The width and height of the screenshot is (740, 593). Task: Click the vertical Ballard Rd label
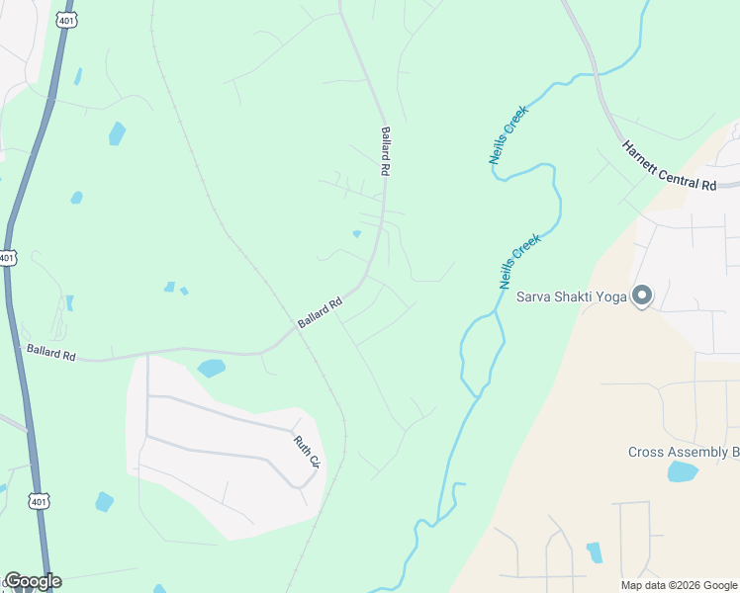385,151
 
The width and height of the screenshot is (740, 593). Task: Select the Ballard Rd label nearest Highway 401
51,351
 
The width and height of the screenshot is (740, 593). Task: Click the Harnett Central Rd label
669,164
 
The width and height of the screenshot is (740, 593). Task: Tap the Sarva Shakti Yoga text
573,296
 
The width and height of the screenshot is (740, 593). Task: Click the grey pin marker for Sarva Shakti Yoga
642,296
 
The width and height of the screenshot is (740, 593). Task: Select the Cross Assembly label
683,453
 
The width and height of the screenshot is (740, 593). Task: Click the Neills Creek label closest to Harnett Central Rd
509,133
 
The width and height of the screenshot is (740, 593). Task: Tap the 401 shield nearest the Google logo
39,502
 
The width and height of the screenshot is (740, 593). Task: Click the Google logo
33,581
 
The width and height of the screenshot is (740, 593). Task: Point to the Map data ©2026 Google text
679,585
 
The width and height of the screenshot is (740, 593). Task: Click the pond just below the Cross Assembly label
682,471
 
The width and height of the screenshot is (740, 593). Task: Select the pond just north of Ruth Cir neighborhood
211,369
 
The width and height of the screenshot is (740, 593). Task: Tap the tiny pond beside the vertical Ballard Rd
356,234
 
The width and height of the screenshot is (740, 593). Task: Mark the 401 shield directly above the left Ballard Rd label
7,257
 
